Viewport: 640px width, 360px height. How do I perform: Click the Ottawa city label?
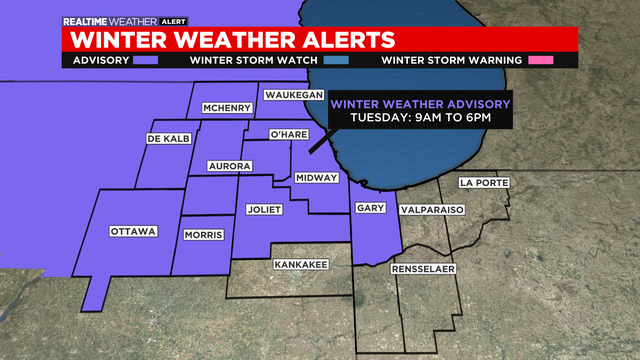[x=134, y=231]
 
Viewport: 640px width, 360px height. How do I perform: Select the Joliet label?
[x=265, y=210]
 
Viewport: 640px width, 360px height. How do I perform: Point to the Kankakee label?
[x=301, y=264]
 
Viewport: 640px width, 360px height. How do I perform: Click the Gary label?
[x=366, y=208]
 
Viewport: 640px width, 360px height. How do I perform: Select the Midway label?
[x=315, y=178]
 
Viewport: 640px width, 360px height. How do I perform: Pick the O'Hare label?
[x=296, y=134]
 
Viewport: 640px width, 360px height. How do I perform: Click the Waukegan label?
[x=291, y=95]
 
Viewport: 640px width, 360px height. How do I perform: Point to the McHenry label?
[x=225, y=108]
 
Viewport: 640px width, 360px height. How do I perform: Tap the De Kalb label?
[x=168, y=138]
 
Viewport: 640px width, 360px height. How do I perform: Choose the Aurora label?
[x=228, y=165]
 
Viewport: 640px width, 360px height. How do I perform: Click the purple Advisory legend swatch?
[x=146, y=59]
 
